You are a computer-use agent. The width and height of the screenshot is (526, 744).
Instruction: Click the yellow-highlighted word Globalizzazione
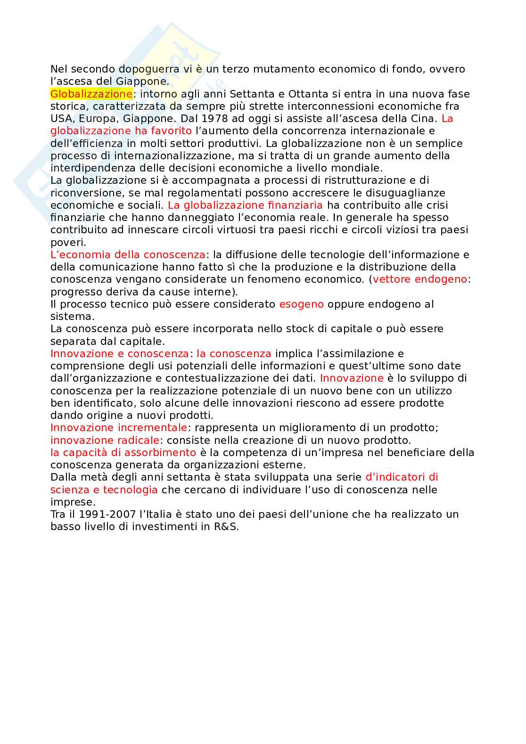coord(91,94)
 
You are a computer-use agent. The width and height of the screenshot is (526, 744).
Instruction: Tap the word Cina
coord(425,118)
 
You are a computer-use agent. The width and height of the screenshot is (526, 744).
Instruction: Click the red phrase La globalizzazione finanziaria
coord(245,205)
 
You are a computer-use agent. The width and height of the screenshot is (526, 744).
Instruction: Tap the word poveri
coord(68,242)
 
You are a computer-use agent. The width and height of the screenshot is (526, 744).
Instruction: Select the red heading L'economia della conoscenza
coord(128,254)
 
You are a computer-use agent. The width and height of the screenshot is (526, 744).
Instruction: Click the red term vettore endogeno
coord(420,279)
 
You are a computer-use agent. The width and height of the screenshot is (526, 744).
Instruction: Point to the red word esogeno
coord(301,304)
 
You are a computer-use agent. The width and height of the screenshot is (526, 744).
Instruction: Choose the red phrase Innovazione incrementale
coord(119,427)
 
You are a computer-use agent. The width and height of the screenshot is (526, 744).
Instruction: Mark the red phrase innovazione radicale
coord(105,440)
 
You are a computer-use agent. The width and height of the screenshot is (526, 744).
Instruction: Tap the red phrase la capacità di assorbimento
coord(123,452)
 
